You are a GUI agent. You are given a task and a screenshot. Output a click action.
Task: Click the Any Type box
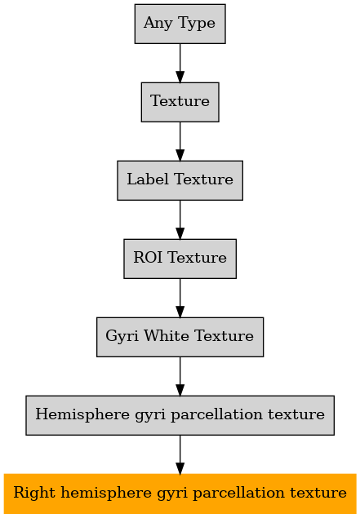180,24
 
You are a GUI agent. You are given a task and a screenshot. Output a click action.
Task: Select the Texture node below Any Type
180,102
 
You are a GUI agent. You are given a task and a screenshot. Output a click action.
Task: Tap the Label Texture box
180,180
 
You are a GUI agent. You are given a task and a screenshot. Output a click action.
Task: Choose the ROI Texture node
180,259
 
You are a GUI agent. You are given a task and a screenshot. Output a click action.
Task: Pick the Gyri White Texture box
180,337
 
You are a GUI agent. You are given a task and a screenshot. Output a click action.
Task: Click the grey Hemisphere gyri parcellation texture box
180,415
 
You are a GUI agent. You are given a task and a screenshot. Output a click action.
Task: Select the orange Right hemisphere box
180,494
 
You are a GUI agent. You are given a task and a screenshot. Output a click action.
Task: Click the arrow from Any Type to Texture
180,63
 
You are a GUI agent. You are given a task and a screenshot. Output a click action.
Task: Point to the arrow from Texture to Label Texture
180,141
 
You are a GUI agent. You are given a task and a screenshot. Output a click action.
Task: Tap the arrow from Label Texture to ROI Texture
180,219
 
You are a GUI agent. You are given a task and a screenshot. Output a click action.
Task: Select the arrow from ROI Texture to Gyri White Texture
180,298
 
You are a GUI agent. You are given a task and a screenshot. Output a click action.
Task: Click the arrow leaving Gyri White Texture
180,376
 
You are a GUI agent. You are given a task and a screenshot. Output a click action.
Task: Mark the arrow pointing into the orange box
180,454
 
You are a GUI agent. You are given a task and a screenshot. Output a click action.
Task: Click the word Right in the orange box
34,494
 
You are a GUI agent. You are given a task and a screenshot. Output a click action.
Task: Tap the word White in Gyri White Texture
167,336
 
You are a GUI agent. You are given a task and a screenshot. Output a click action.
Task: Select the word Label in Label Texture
148,179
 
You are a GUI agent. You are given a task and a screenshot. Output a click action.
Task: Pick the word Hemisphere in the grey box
82,414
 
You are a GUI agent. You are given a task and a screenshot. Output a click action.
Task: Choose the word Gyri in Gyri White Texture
122,337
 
